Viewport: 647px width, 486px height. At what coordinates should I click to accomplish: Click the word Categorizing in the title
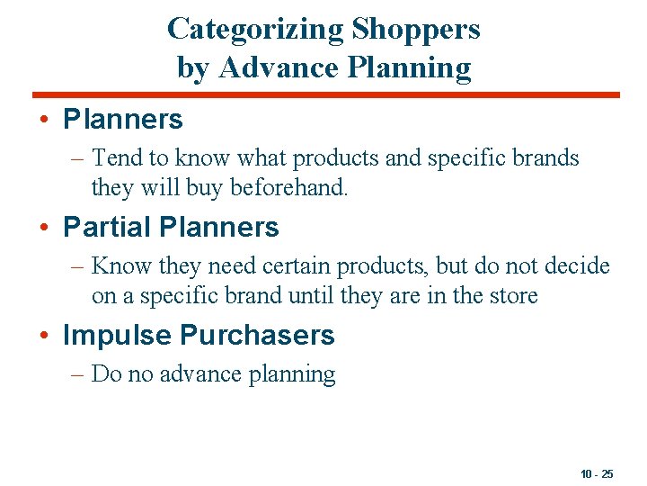coord(255,29)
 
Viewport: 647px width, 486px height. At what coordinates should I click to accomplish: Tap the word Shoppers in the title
coord(416,29)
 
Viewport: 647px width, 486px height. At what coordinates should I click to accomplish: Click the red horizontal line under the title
coord(325,94)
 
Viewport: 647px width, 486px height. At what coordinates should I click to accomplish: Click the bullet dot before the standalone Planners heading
coord(45,120)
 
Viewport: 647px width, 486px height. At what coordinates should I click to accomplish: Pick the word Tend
coord(118,158)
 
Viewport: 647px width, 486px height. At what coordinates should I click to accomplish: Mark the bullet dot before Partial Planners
coord(45,228)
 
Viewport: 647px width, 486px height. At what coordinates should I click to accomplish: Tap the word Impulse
coord(117,336)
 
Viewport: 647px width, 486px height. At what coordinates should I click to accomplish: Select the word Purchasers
coord(258,336)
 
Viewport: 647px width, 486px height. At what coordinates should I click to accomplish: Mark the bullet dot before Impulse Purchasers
coord(45,336)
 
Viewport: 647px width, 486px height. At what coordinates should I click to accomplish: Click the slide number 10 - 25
coord(598,474)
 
